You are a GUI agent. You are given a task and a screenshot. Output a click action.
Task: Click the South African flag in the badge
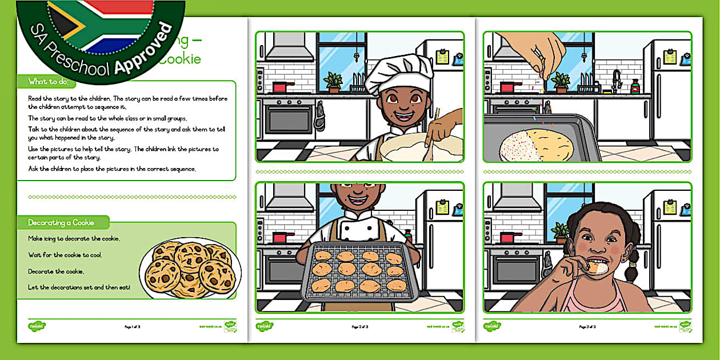coord(100,23)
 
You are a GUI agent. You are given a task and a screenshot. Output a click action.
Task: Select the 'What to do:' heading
coord(48,82)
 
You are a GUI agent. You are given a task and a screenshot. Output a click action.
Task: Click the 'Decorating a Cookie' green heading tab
coord(61,222)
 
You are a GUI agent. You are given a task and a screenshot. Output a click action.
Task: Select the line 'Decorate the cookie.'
coord(56,271)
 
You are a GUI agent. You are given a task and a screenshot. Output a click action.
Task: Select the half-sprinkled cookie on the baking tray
coord(536,146)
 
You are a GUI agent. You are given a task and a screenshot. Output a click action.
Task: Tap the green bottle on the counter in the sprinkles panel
coord(634,86)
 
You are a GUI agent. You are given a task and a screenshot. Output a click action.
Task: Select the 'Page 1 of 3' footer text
coord(132,327)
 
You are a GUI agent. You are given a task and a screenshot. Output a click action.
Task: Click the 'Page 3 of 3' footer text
coord(588,327)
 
